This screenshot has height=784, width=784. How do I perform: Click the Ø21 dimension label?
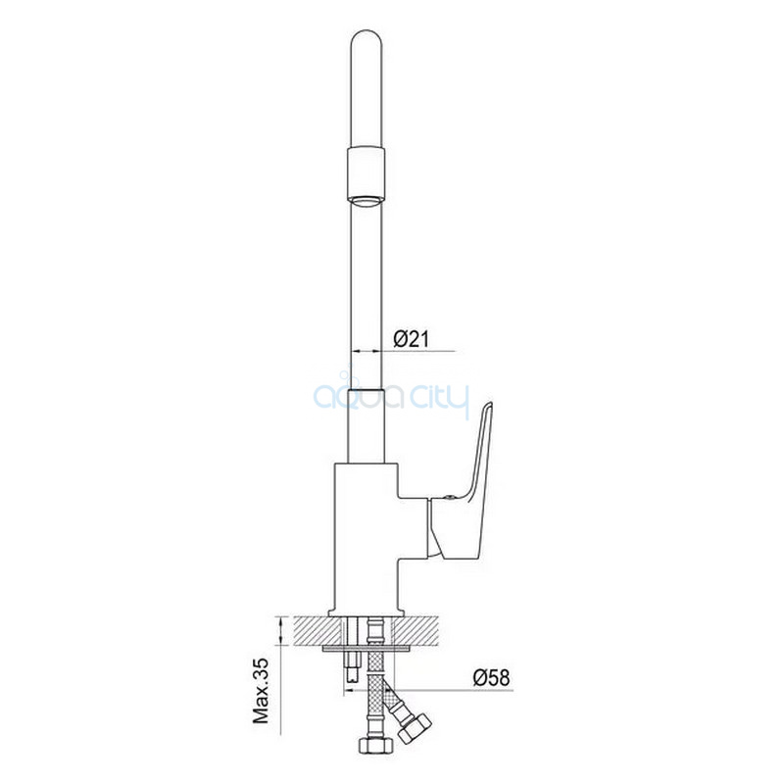click(411, 339)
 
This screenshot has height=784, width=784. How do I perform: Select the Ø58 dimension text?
click(492, 677)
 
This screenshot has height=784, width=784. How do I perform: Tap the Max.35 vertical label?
click(261, 691)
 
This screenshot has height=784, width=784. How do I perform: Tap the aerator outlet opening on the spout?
click(367, 202)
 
